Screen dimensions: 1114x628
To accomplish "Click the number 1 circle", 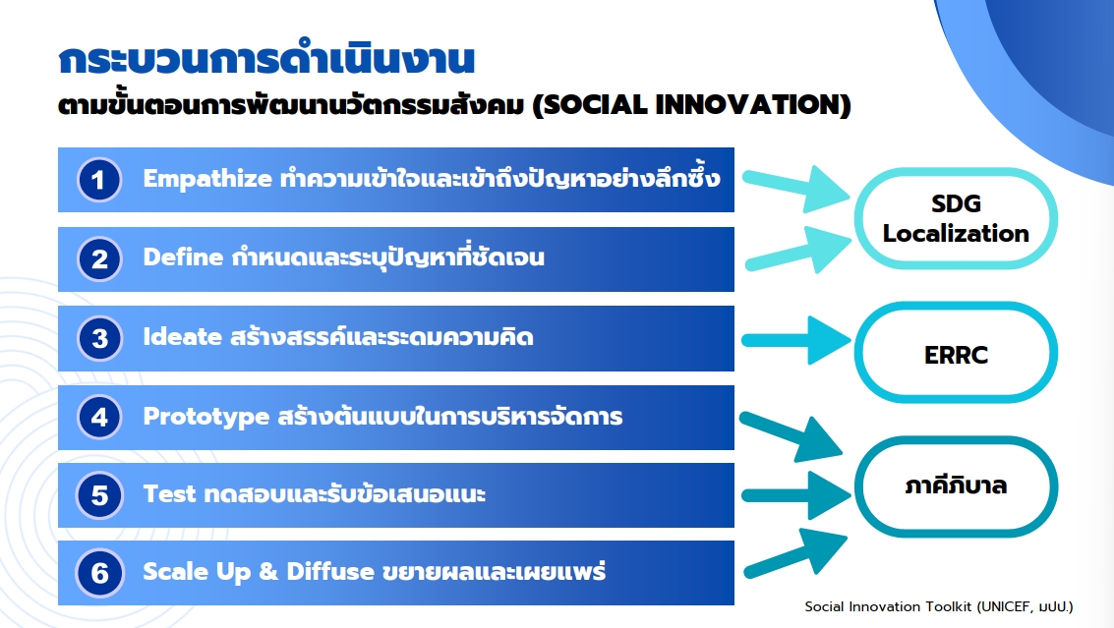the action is click(x=99, y=180).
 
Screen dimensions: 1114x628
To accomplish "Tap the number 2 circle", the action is click(x=99, y=258).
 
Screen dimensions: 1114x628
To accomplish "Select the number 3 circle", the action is click(x=99, y=338).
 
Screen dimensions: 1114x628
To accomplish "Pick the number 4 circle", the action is click(x=99, y=417).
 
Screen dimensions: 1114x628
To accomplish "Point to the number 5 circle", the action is click(x=99, y=495).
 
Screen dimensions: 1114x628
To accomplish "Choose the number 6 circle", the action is click(x=99, y=573).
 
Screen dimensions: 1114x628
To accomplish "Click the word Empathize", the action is click(x=207, y=179).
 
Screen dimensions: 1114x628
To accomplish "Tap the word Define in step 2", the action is click(x=183, y=257).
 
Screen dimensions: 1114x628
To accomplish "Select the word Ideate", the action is click(x=183, y=336).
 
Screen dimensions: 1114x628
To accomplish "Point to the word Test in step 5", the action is click(x=169, y=493).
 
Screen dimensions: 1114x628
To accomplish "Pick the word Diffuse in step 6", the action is click(x=330, y=571).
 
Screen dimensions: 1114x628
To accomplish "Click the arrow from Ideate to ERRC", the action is click(x=796, y=340).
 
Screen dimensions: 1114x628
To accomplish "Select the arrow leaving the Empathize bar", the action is click(x=796, y=189).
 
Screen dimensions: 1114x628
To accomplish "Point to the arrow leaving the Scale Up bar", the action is click(x=795, y=552).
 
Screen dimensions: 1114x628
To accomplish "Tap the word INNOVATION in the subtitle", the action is click(x=749, y=105).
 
